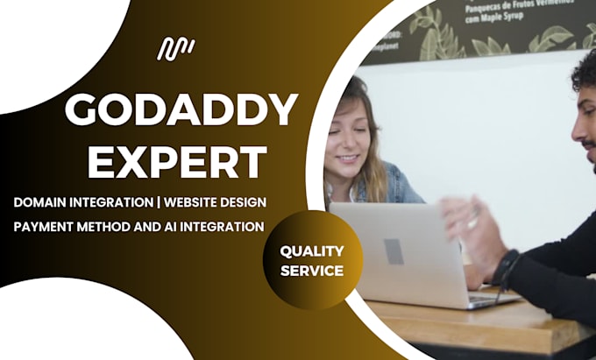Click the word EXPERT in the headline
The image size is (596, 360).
[178, 162]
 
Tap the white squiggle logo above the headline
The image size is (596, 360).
[175, 49]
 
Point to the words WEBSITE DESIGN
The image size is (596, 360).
[216, 202]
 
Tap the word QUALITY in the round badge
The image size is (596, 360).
[311, 251]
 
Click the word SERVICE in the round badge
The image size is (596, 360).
[311, 271]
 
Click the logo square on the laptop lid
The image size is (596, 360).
[394, 251]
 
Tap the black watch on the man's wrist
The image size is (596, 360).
[506, 268]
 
